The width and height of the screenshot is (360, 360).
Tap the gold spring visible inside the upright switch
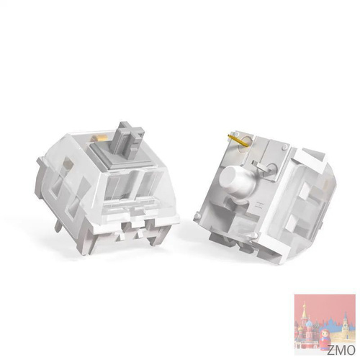96,138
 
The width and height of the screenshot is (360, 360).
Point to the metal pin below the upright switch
58,225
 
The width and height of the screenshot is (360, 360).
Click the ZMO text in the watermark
341,350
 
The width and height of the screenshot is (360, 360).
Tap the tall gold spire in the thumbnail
304,310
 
